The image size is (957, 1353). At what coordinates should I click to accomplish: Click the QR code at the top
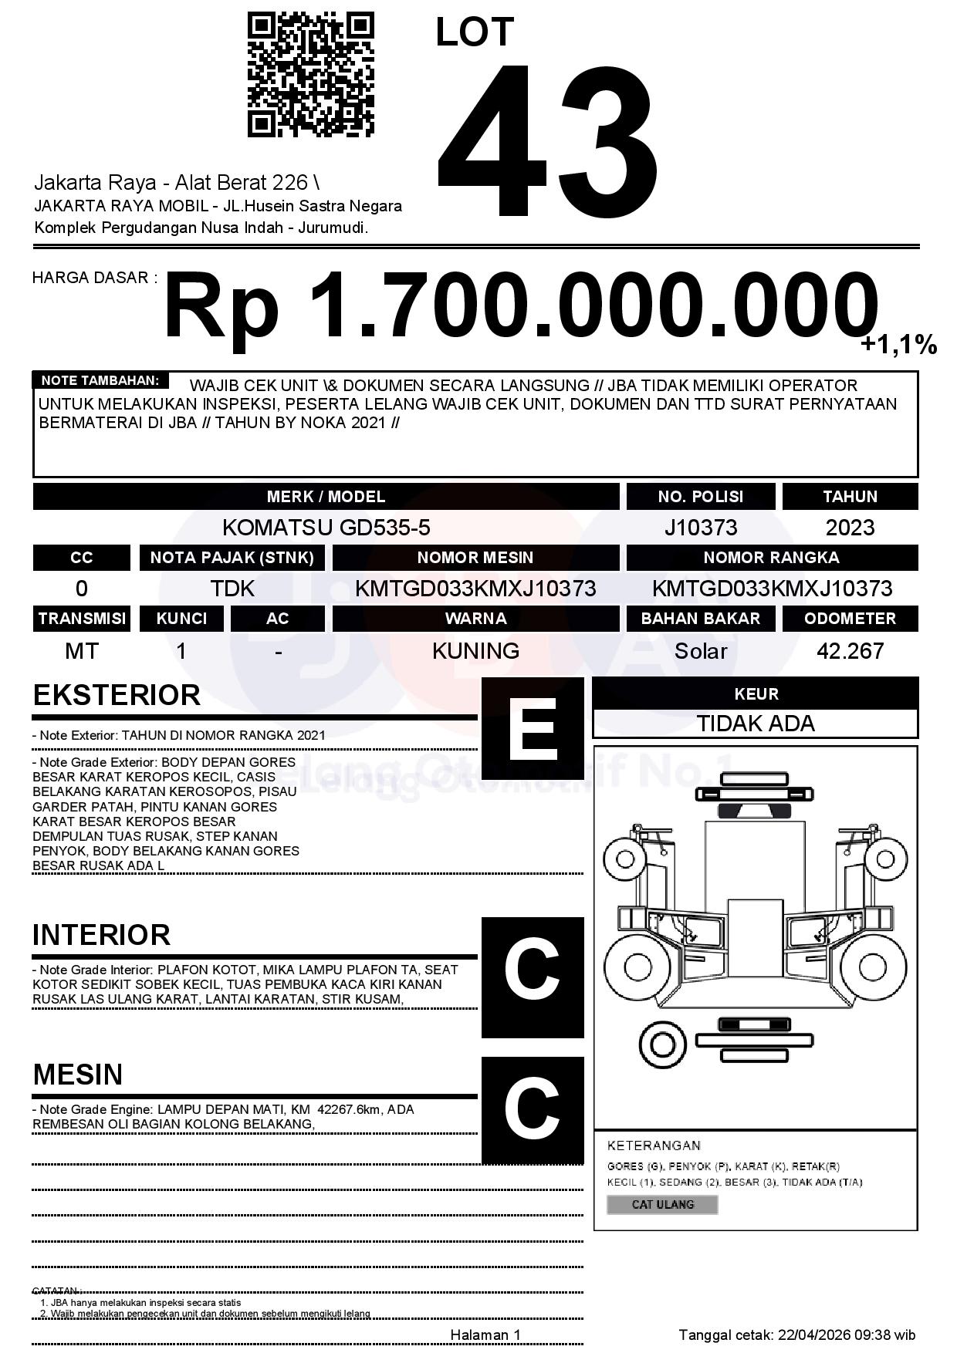[x=310, y=75]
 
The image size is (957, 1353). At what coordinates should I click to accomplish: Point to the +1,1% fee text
[x=898, y=345]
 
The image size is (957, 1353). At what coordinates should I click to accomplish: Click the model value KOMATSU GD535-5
[x=326, y=528]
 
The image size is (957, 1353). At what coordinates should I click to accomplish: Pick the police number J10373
[x=700, y=528]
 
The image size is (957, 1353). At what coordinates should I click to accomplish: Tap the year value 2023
[x=850, y=528]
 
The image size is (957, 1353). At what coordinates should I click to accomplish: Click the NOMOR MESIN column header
[x=475, y=558]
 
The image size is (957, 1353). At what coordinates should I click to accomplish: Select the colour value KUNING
[x=475, y=651]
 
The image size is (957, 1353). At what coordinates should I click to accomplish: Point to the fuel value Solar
[x=700, y=651]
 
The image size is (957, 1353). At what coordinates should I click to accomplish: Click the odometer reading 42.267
[x=850, y=651]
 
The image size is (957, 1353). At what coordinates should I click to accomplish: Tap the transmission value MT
[x=81, y=651]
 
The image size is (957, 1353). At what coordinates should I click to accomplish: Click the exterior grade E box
[x=533, y=728]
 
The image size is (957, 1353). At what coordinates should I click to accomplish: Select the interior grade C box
[x=533, y=977]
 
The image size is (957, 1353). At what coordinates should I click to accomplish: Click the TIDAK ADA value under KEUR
[x=756, y=724]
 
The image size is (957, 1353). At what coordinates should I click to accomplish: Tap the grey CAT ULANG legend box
[x=662, y=1204]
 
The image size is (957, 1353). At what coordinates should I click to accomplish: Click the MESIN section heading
[x=78, y=1074]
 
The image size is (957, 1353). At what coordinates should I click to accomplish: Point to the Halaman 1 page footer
[x=485, y=1334]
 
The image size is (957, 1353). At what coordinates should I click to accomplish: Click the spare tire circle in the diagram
[x=662, y=1044]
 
